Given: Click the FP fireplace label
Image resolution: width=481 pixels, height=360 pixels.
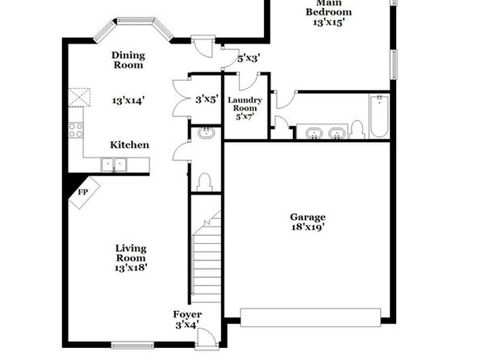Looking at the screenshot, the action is click(83, 192).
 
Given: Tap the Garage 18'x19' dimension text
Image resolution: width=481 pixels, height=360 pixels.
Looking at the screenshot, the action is click(307, 227).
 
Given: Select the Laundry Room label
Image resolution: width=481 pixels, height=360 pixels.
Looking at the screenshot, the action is click(245, 104).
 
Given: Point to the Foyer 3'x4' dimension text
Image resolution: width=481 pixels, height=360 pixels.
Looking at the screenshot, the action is click(187, 324).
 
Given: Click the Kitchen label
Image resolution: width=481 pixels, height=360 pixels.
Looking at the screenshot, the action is click(130, 144).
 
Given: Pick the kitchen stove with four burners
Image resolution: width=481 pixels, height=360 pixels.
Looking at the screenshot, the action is click(76, 130).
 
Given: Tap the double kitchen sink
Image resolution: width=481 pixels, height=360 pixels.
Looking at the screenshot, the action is click(114, 165).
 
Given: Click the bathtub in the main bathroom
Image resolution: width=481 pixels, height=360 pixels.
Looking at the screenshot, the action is click(379, 116).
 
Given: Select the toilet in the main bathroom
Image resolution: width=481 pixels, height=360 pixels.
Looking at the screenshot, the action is click(357, 130).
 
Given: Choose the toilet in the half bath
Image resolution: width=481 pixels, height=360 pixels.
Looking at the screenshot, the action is click(204, 182).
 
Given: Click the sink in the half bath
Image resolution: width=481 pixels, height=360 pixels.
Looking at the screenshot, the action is click(206, 132).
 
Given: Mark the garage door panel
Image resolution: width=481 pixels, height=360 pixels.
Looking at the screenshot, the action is click(311, 317).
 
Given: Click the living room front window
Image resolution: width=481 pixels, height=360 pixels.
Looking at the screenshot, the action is click(132, 345).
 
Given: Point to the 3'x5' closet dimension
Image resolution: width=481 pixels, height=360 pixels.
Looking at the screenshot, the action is click(207, 99).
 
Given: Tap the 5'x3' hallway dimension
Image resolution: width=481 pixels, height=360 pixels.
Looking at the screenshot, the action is click(249, 58).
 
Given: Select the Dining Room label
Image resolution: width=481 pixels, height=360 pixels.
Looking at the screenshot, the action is click(128, 61).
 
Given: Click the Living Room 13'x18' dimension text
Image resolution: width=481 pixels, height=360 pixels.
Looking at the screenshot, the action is click(131, 268).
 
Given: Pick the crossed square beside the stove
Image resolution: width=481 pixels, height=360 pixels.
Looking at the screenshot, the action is click(79, 98).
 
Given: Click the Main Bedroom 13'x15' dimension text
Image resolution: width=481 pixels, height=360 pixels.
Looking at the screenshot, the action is click(328, 22).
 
